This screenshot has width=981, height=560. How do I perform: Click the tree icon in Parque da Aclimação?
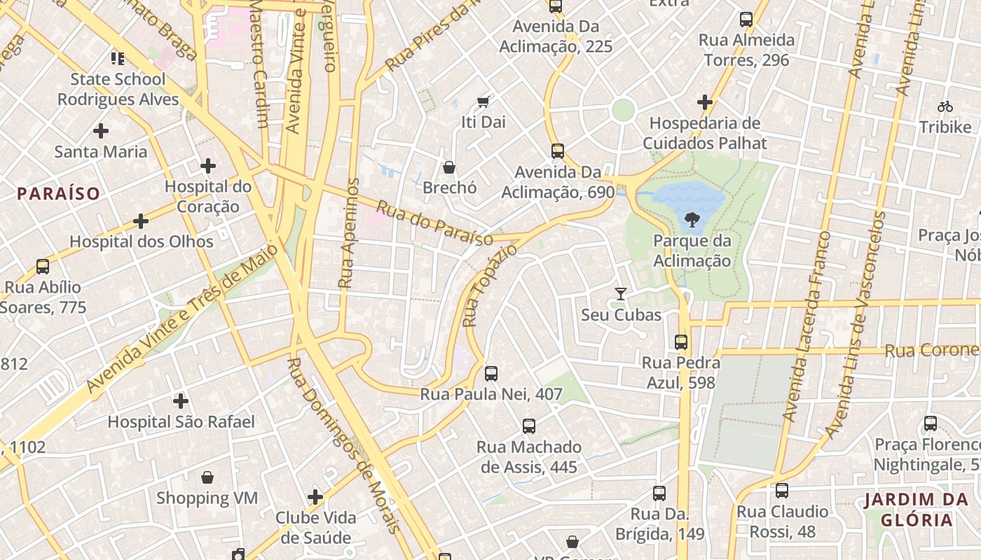[x=692, y=220]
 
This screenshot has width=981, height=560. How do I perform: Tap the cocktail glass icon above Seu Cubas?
[x=620, y=294]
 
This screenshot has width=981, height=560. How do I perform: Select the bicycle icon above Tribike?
[x=945, y=106]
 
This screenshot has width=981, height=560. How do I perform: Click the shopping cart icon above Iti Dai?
[x=483, y=101]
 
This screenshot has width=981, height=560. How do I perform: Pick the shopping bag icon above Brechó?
[x=449, y=167]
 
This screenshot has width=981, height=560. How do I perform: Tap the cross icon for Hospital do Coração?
[x=207, y=166]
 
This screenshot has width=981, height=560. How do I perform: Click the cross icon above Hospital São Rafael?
[x=181, y=401]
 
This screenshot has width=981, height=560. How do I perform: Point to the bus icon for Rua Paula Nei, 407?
[x=491, y=373]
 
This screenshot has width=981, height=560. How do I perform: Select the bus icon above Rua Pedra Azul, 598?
[x=680, y=342]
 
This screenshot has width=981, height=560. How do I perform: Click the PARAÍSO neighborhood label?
[x=59, y=194]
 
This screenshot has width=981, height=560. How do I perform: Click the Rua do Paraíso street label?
[x=434, y=223]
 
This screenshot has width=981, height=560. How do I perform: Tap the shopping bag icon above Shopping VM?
[x=207, y=477]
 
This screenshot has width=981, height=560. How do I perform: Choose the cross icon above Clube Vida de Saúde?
[x=315, y=497]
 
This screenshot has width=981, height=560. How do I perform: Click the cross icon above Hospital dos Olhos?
[x=141, y=221]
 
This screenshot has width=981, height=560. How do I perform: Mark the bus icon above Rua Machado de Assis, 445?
[x=529, y=426]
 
